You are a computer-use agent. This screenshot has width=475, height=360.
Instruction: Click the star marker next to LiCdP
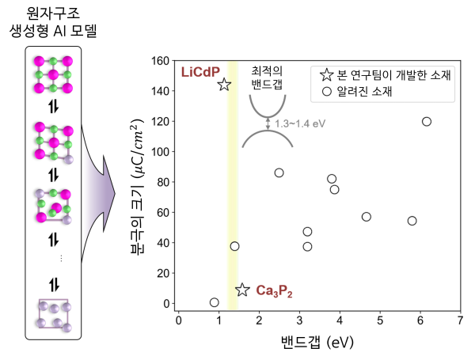click(224, 84)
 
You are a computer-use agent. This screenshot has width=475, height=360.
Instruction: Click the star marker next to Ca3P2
click(243, 290)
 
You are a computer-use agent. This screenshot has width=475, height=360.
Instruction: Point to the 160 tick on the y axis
click(161, 61)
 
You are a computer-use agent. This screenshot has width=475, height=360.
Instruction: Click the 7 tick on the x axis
click(461, 320)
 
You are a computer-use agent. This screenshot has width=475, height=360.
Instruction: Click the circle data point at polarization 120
click(427, 121)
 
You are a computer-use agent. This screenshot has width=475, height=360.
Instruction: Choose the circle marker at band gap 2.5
click(279, 172)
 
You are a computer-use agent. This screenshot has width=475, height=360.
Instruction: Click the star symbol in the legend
click(326, 76)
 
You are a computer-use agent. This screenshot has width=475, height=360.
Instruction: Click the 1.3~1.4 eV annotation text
click(299, 123)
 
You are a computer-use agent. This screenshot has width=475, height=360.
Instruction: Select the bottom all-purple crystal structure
click(55, 313)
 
